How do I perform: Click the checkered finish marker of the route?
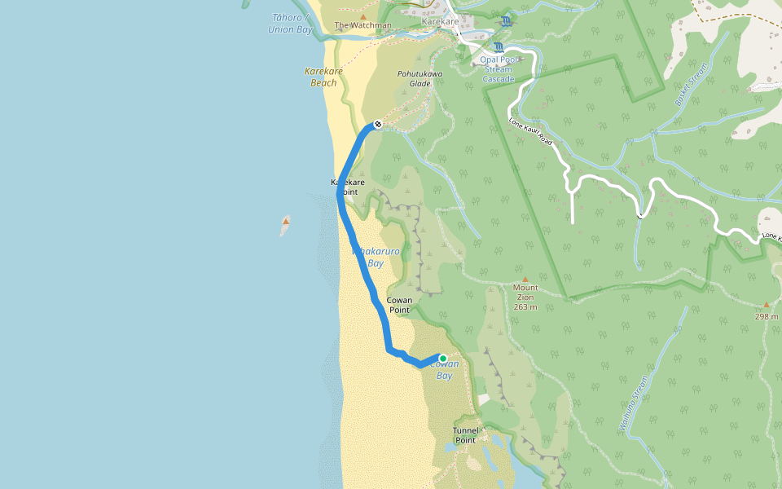click(x=377, y=125)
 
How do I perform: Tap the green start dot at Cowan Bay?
click(x=442, y=358)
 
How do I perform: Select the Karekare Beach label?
click(x=323, y=77)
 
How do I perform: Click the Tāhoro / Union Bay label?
click(x=290, y=24)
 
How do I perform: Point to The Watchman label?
click(x=363, y=25)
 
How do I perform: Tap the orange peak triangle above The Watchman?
click(x=363, y=15)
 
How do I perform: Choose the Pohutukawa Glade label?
click(x=420, y=78)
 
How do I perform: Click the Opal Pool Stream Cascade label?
click(x=497, y=69)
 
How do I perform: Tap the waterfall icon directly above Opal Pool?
click(x=498, y=47)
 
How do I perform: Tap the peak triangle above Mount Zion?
click(x=525, y=279)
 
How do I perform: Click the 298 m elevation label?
click(x=766, y=316)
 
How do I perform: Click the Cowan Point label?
click(x=399, y=305)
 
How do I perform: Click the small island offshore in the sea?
click(x=285, y=224)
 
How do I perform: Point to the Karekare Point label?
click(x=347, y=187)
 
